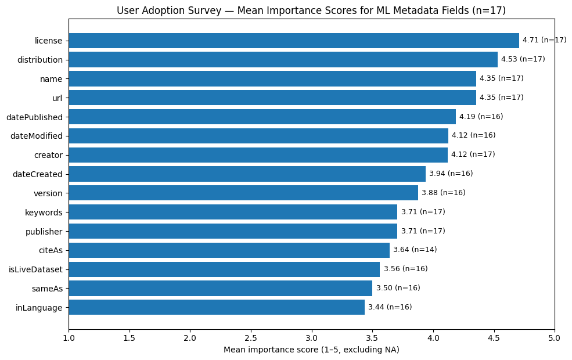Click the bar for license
pyautogui.click(x=293, y=41)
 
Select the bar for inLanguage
pyautogui.click(x=216, y=307)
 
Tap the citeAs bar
pyautogui.click(x=229, y=250)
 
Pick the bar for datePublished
pyautogui.click(x=262, y=117)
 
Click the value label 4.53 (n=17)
pyautogui.click(x=523, y=59)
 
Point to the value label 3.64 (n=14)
pyautogui.click(x=415, y=250)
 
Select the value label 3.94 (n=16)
pyautogui.click(x=451, y=174)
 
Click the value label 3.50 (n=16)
pyautogui.click(x=398, y=288)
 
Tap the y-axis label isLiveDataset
pyautogui.click(x=35, y=269)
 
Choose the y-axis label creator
pyautogui.click(x=48, y=155)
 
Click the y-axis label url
pyautogui.click(x=57, y=98)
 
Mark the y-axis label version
pyautogui.click(x=48, y=193)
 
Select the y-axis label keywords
pyautogui.click(x=44, y=213)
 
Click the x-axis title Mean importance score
pyautogui.click(x=311, y=350)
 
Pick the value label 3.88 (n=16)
pyautogui.click(x=443, y=193)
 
